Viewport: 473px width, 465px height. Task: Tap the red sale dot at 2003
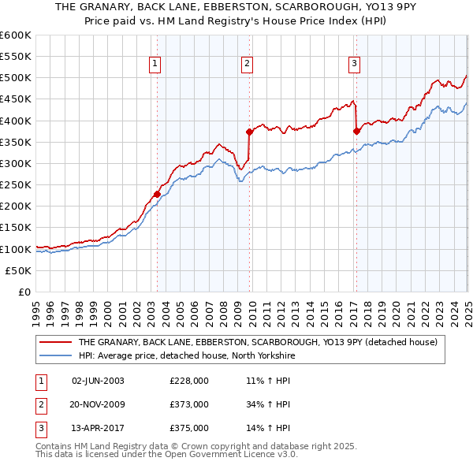click(157, 194)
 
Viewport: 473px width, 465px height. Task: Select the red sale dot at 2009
click(249, 132)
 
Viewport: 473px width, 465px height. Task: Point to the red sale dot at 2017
click(356, 131)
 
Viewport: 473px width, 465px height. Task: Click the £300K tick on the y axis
click(16, 163)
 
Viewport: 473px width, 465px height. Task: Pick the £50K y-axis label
click(19, 270)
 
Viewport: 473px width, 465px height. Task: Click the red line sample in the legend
click(55, 343)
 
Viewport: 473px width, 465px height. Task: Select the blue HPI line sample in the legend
click(55, 355)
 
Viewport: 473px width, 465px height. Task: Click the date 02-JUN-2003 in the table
click(98, 381)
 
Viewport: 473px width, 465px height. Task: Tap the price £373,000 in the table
click(189, 404)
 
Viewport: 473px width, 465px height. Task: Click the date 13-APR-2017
click(98, 428)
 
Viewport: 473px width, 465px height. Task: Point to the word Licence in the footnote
click(248, 456)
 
